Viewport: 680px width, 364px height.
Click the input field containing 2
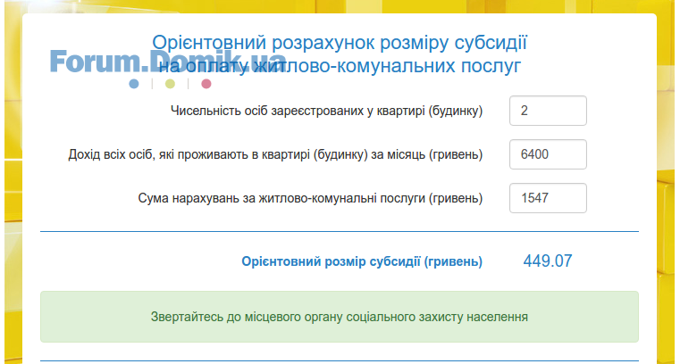point(548,111)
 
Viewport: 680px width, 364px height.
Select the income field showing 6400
point(548,154)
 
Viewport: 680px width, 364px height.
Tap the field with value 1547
point(548,198)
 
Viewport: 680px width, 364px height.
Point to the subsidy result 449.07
point(548,261)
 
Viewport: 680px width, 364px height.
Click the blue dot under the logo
point(134,84)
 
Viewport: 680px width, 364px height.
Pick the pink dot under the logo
point(206,84)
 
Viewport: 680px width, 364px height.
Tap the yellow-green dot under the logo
point(170,84)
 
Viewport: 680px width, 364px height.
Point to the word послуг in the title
point(491,67)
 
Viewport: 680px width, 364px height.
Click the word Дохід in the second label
point(84,154)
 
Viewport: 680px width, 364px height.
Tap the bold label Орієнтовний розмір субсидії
point(331,262)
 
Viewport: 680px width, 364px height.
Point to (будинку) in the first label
point(456,112)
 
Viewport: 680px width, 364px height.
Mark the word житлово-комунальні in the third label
point(318,198)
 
